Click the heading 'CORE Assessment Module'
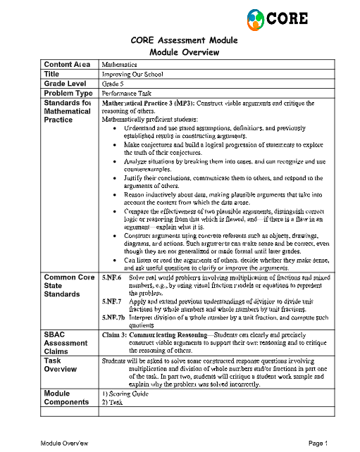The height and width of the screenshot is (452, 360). tap(184, 40)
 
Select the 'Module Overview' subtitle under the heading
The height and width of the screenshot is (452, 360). tap(184, 52)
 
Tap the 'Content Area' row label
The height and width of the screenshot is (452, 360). tap(68, 65)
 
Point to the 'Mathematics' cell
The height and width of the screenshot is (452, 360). tap(119, 65)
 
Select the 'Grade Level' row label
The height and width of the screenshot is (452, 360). tap(66, 83)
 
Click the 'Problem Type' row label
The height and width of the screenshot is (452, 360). tap(68, 92)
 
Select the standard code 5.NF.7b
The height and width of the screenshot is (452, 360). tap(115, 318)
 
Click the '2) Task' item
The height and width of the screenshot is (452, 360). tap(113, 401)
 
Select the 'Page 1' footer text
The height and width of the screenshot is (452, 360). tap(318, 443)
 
